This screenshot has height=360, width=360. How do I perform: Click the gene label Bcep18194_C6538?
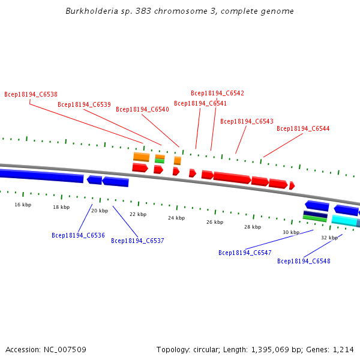point(31,94)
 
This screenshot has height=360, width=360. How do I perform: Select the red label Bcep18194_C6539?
point(84,104)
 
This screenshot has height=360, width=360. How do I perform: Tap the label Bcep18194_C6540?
point(142,109)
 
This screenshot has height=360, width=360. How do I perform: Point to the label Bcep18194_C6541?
point(200,103)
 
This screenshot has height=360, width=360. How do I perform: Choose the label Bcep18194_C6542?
point(217,93)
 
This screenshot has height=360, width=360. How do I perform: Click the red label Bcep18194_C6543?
point(247,121)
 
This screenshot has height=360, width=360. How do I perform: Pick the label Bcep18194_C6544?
point(303,128)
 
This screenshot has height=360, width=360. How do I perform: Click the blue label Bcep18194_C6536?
point(78,235)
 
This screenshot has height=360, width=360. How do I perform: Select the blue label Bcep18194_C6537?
point(137,241)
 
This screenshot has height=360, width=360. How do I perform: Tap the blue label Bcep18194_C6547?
point(245,253)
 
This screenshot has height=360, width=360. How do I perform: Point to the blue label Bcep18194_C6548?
point(304,261)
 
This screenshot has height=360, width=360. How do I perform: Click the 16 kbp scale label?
point(23,205)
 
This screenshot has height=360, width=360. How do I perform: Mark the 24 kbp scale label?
point(176,218)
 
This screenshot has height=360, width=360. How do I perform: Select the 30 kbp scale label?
point(291,232)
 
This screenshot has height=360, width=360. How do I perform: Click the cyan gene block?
point(344,220)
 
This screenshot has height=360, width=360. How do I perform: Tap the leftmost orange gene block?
point(141,157)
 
